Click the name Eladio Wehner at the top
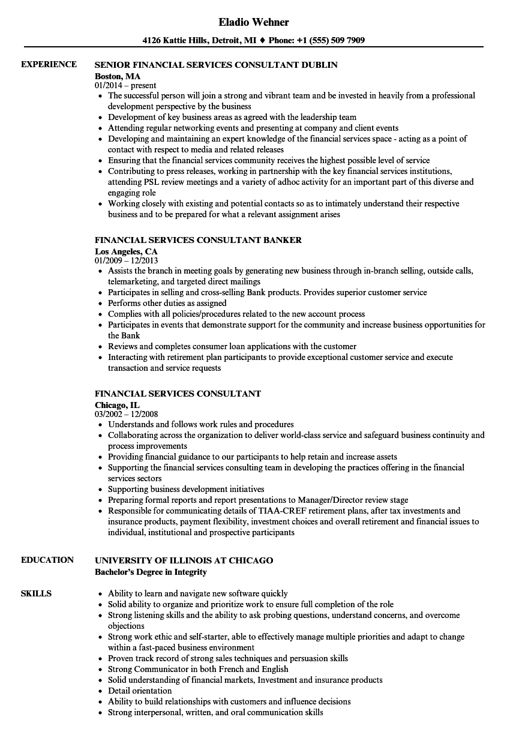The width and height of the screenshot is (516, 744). point(254,22)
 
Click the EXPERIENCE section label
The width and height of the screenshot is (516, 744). point(49,64)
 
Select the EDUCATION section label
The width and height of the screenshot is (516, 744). point(47,560)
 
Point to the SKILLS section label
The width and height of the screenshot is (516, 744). point(36,593)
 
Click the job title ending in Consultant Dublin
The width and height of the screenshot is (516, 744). point(216,65)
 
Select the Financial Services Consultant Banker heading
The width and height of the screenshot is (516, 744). point(198,240)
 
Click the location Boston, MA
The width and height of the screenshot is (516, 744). point(118,76)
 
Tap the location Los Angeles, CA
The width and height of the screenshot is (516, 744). point(126,251)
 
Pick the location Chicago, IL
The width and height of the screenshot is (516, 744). point(117,404)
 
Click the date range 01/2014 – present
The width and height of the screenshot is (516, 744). point(125,85)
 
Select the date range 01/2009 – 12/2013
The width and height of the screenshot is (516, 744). point(126,260)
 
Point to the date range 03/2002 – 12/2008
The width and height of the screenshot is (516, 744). point(126,414)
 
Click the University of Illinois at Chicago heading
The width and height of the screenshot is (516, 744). point(184,560)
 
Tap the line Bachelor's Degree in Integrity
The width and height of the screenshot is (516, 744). point(151,571)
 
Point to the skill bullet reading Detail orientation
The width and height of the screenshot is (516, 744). point(140,691)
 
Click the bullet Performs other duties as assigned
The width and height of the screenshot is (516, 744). point(167,303)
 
